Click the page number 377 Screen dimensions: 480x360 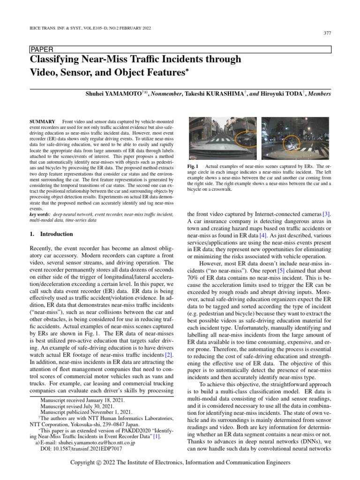pyautogui.click(x=328, y=33)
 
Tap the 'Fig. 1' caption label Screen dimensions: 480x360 pyautogui.click(x=193, y=166)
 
